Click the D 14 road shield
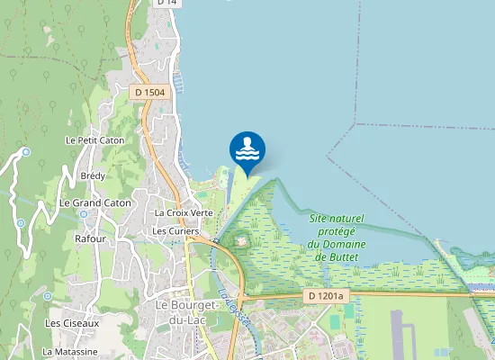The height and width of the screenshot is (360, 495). [x=167, y=3]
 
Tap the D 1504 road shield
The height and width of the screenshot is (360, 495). [x=149, y=92]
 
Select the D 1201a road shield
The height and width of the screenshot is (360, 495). [x=325, y=296]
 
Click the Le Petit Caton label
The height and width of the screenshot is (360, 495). [x=94, y=140]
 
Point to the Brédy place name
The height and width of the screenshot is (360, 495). [x=93, y=175]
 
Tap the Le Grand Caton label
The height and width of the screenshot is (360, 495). [x=95, y=203]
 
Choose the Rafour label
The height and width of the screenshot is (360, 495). [x=90, y=239]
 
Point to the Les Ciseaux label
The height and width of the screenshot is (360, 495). [x=72, y=322]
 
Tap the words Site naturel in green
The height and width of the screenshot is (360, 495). [x=337, y=219]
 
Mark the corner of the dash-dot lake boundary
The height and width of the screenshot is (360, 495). [x=356, y=123]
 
